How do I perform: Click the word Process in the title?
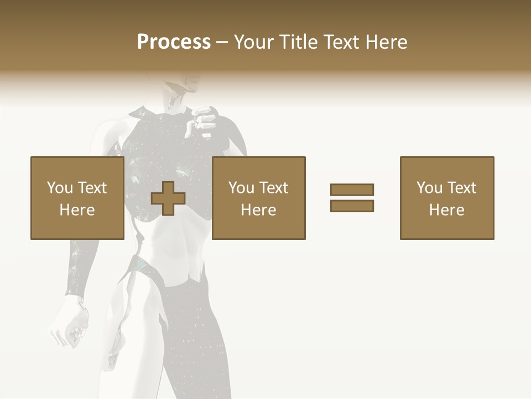[x=174, y=42]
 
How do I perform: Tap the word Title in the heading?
[x=298, y=42]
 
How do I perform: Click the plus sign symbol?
[x=168, y=198]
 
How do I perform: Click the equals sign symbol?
[x=352, y=198]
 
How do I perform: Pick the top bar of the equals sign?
[x=352, y=190]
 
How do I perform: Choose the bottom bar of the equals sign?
[x=352, y=206]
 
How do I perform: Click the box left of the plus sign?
[x=77, y=198]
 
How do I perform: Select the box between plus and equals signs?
[x=259, y=198]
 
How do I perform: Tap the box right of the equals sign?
[x=447, y=198]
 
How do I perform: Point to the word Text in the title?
[x=339, y=42]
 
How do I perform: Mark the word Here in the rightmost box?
[x=446, y=209]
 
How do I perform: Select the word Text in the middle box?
[x=274, y=187]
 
